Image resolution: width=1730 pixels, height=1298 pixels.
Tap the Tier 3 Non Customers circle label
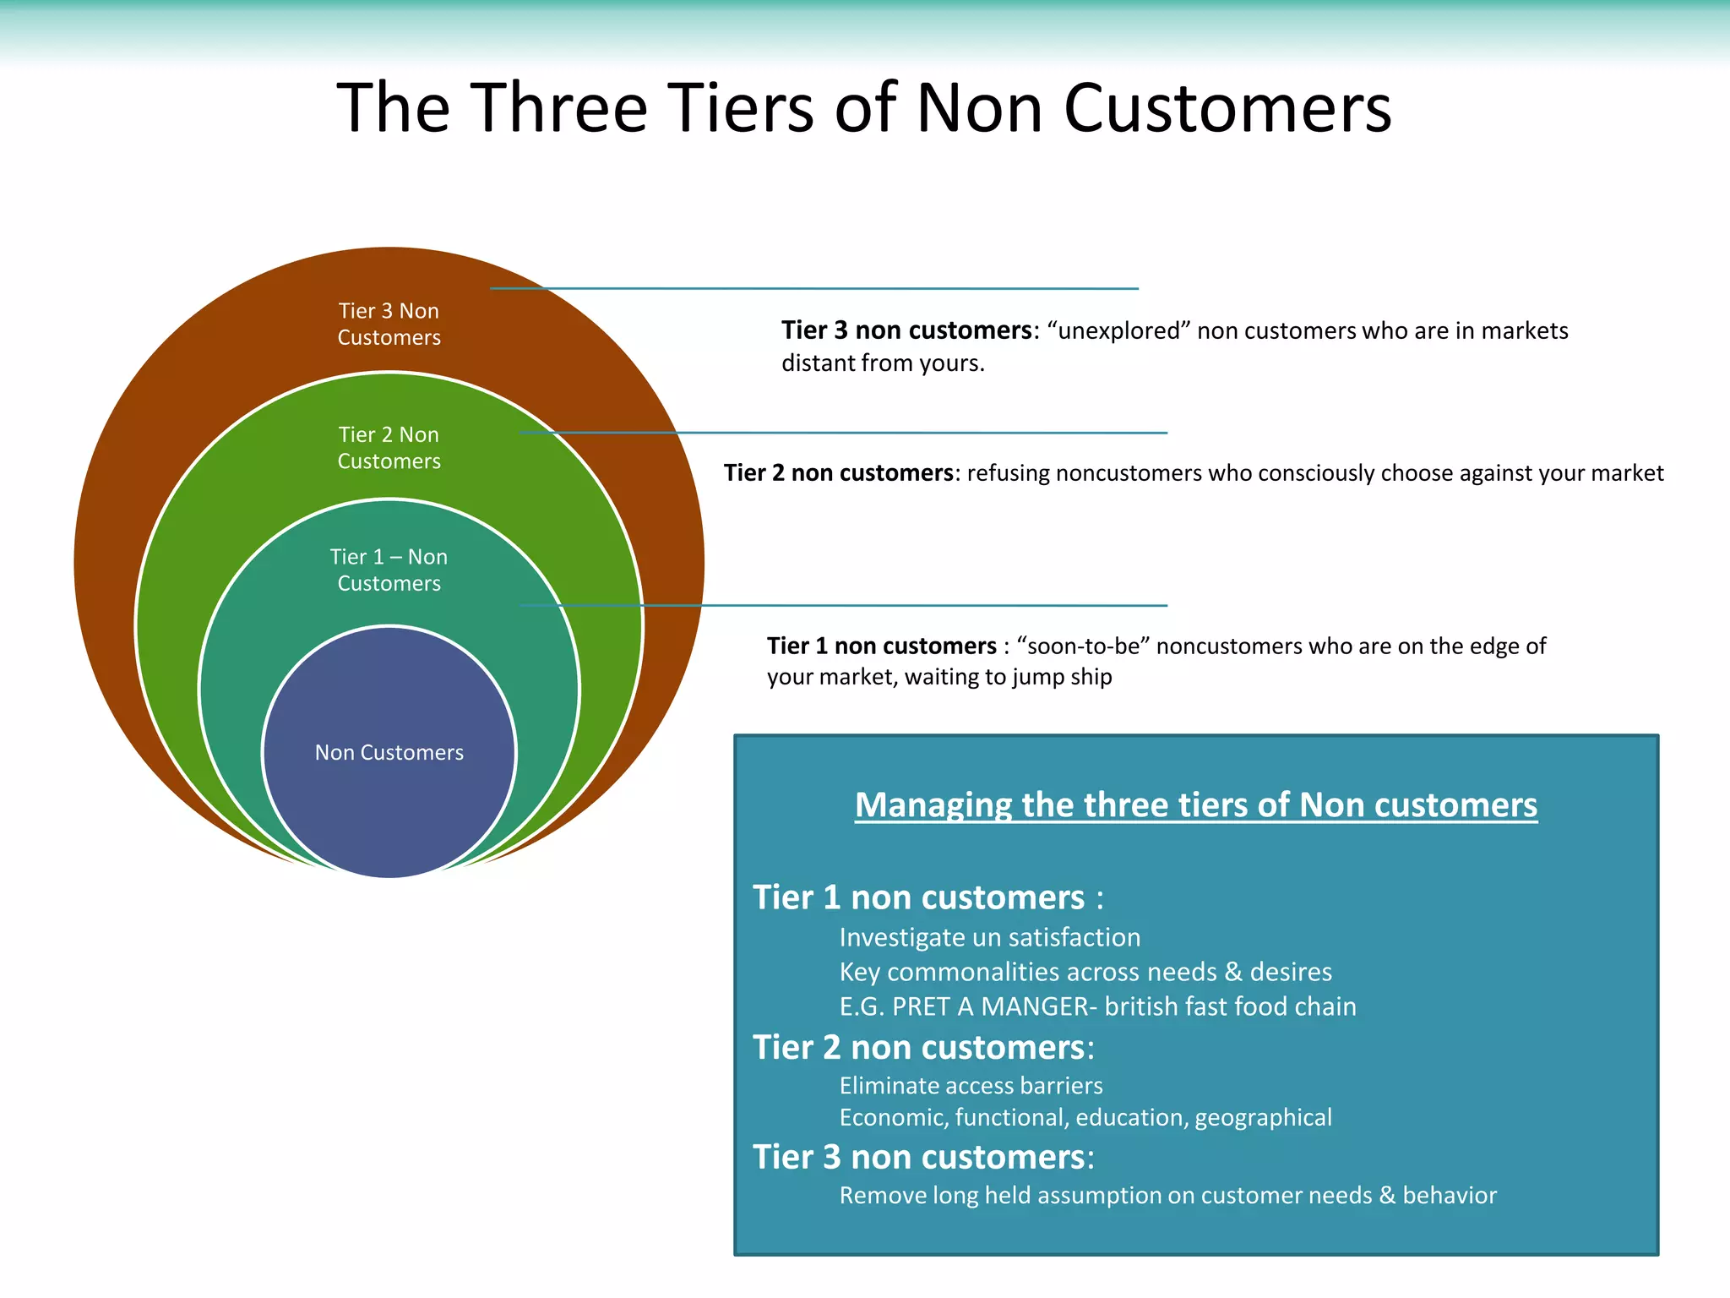coord(389,324)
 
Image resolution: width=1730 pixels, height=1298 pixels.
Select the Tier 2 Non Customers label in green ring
coord(389,448)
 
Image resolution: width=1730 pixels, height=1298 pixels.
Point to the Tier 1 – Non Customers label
coord(389,570)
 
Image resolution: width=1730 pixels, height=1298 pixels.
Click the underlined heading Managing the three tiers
coord(1195,805)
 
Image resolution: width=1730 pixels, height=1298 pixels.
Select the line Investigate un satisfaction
coord(989,938)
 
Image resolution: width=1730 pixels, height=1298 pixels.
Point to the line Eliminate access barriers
coord(971,1086)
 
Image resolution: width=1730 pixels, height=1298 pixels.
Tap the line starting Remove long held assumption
coord(1167,1196)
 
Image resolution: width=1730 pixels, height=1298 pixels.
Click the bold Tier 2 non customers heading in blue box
coord(922,1048)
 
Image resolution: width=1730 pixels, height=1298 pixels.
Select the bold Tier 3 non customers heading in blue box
coord(922,1158)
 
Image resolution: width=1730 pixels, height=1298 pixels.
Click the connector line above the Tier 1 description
coord(845,606)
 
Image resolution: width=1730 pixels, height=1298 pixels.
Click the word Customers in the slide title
coord(1227,108)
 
